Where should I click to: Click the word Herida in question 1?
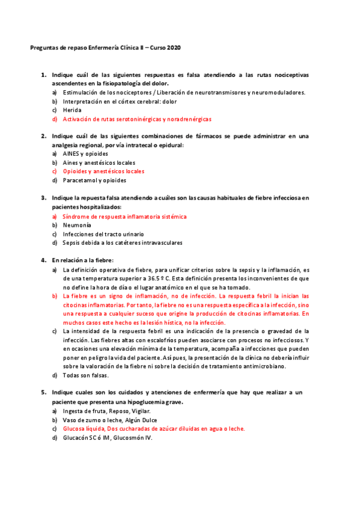(72, 110)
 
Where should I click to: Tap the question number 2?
(44, 137)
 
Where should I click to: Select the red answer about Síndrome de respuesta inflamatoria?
(124, 216)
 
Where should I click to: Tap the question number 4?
(44, 260)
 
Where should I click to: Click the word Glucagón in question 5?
(77, 438)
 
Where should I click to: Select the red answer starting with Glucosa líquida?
(154, 429)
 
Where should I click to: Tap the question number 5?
(44, 393)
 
